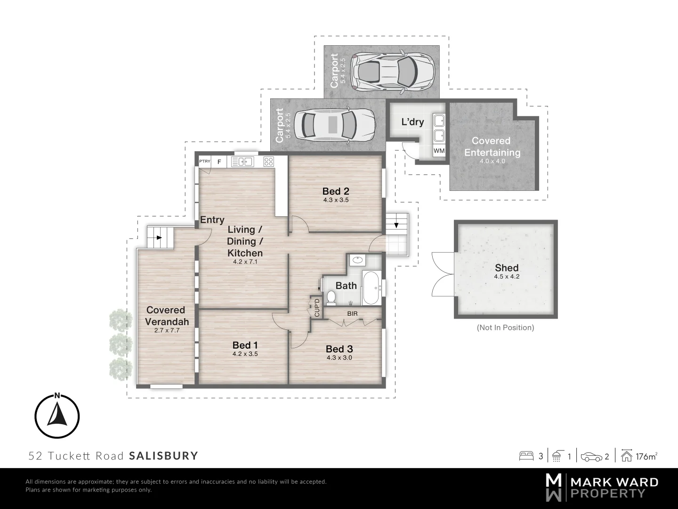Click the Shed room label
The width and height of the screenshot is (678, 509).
coord(507,268)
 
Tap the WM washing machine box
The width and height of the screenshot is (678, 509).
coord(439,151)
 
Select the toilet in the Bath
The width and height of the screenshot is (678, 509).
coord(331,297)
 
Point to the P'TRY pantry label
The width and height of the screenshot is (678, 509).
coord(204,161)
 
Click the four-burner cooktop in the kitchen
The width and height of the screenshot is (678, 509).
coord(268,161)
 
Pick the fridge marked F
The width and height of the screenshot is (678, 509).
coord(219,162)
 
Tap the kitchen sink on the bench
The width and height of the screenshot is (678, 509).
coord(242,161)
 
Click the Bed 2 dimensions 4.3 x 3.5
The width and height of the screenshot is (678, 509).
coord(336,200)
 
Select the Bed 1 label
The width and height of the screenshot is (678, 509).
coord(245,345)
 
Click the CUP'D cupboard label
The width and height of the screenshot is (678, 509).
coord(317,308)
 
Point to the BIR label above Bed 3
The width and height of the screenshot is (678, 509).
coord(352,314)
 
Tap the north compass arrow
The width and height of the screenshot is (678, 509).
coord(57,413)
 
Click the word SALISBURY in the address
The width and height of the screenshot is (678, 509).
coord(164,456)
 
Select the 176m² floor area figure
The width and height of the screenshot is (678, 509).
coord(646,457)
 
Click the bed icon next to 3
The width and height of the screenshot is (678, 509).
coord(526,456)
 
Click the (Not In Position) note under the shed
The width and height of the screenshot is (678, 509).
coord(505,327)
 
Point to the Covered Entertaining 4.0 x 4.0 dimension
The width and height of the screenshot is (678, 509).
coord(492,161)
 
